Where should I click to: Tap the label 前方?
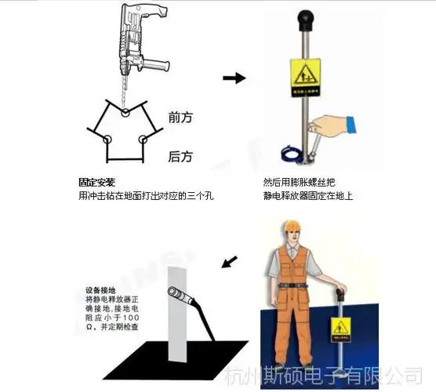pyautogui.click(x=180, y=118)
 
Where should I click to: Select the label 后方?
pyautogui.click(x=180, y=156)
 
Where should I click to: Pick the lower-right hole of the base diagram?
pyautogui.click(x=143, y=140)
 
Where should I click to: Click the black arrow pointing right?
pyautogui.click(x=234, y=78)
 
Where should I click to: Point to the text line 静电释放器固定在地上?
pyautogui.click(x=308, y=195)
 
